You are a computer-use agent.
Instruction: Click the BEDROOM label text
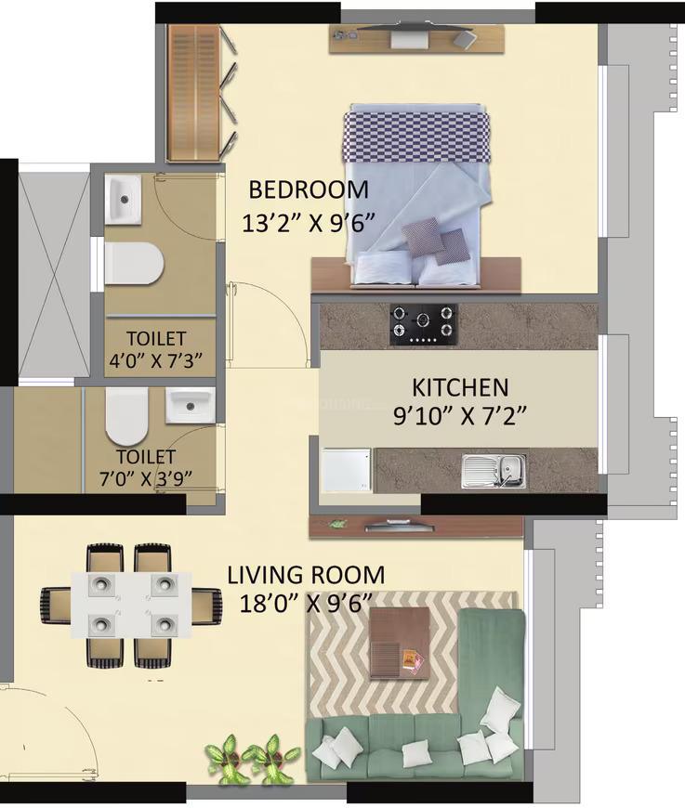pos(308,189)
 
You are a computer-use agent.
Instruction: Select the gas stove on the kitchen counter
pos(424,324)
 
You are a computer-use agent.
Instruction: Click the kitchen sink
pos(493,471)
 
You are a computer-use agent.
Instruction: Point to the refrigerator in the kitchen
pos(346,470)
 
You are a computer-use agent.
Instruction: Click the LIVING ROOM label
pos(306,575)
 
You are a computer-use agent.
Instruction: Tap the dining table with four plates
pos(132,603)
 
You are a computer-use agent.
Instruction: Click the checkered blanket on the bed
pos(415,134)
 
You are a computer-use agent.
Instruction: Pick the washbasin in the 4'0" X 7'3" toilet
pos(122,200)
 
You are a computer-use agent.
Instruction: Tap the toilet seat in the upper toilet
pos(133,262)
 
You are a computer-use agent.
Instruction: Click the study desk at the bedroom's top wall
pos(415,38)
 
